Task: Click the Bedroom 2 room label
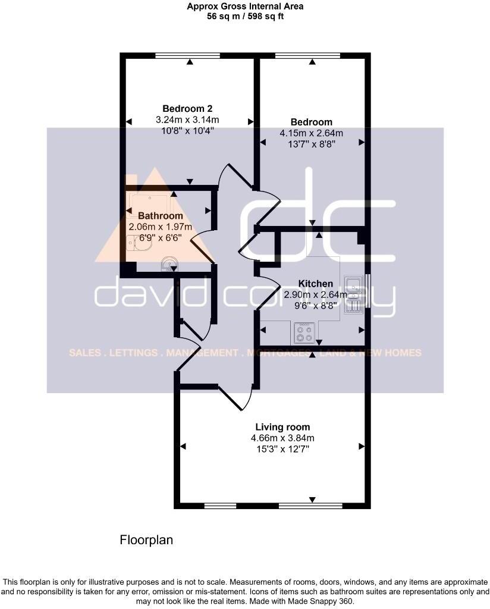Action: pyautogui.click(x=187, y=109)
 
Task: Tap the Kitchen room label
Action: pyautogui.click(x=315, y=284)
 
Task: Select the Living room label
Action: pyautogui.click(x=282, y=427)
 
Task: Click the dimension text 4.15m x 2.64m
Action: pyautogui.click(x=311, y=133)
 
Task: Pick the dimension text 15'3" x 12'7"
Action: pyautogui.click(x=282, y=450)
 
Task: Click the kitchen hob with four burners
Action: pyautogui.click(x=305, y=334)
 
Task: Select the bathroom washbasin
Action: pyautogui.click(x=169, y=263)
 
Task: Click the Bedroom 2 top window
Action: pyautogui.click(x=189, y=56)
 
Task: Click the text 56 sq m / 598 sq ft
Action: pyautogui.click(x=244, y=17)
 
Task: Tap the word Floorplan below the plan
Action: pyautogui.click(x=146, y=540)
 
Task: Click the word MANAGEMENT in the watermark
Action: pyautogui.click(x=202, y=353)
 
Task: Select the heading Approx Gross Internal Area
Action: pyautogui.click(x=244, y=7)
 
